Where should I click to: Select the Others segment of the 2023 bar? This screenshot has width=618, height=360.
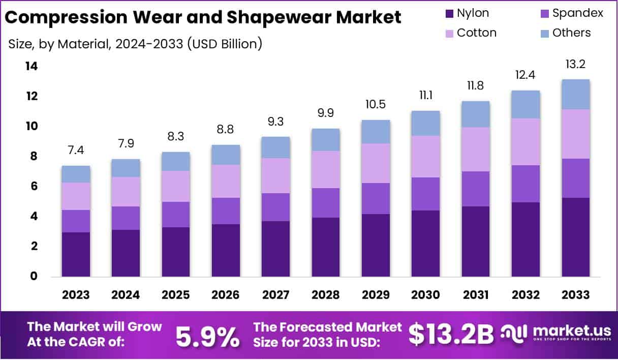coord(76,174)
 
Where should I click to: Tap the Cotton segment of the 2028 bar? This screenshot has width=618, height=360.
coord(326,169)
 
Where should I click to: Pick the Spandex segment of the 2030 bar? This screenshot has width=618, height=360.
coord(425,194)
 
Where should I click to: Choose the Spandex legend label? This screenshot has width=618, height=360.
coord(578,13)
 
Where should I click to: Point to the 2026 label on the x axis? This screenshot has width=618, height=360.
coord(226,295)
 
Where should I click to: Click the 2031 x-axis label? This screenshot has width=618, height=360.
coord(475,295)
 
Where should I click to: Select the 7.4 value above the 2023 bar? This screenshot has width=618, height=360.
coord(76,151)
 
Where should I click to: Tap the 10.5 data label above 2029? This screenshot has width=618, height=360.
coord(376,104)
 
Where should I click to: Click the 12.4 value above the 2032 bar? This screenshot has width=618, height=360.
coord(526,75)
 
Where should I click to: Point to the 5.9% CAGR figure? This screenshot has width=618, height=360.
coord(207,336)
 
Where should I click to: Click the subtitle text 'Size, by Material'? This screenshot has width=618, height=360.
coord(58,44)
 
